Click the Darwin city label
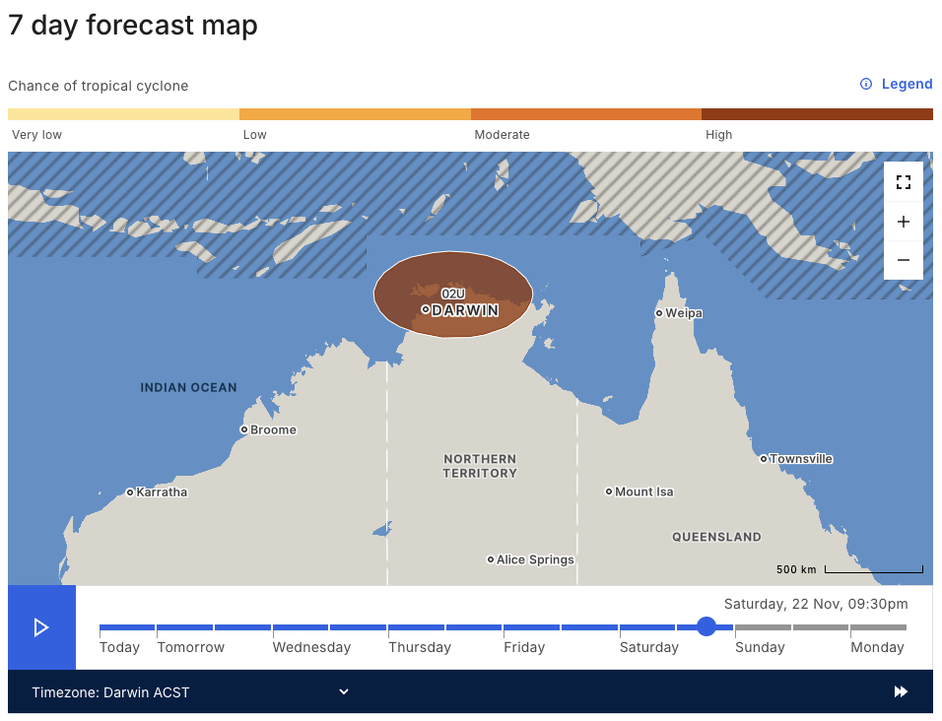465,310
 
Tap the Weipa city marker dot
659,313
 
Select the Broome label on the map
273,430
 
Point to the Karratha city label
162,492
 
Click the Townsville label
801,459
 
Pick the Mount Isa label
644,492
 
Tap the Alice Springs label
535,559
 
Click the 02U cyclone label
453,294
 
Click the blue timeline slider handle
706,626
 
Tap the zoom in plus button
904,222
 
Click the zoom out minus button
904,260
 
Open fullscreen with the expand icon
904,182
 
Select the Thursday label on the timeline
420,647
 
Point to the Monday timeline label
877,647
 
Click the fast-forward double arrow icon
901,692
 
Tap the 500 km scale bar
873,569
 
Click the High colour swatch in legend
817,114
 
